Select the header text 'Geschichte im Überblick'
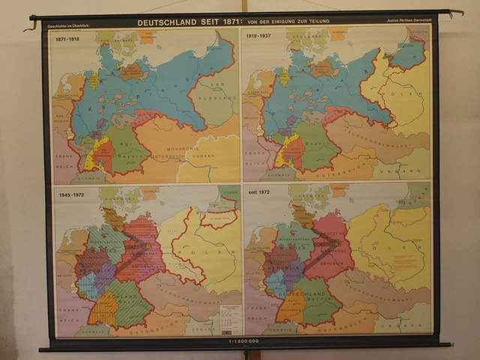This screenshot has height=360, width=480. (69, 26)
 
